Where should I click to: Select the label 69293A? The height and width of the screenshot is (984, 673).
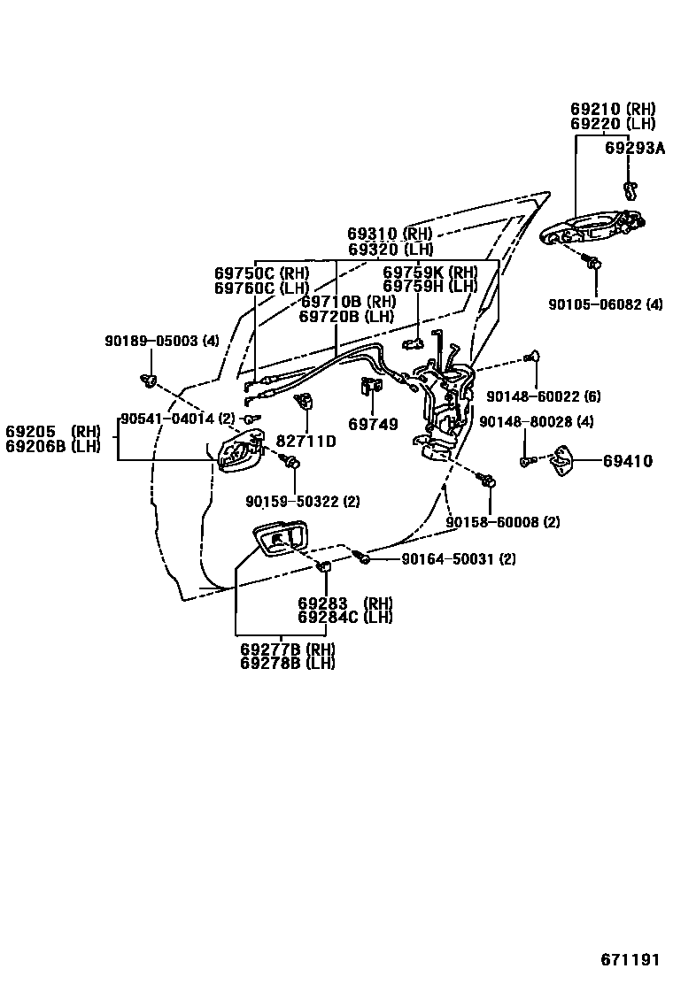[x=634, y=148]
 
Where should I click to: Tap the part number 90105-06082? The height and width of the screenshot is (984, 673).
[x=597, y=304]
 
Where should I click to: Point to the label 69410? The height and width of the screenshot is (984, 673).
[x=628, y=461]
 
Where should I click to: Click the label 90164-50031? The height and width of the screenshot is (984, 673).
[x=447, y=559]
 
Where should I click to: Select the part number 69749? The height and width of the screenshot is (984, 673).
[x=373, y=425]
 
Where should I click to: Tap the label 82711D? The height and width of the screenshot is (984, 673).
[x=306, y=441]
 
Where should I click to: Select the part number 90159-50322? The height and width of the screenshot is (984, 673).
[x=293, y=502]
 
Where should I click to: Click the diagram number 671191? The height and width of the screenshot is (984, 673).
[x=631, y=960]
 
